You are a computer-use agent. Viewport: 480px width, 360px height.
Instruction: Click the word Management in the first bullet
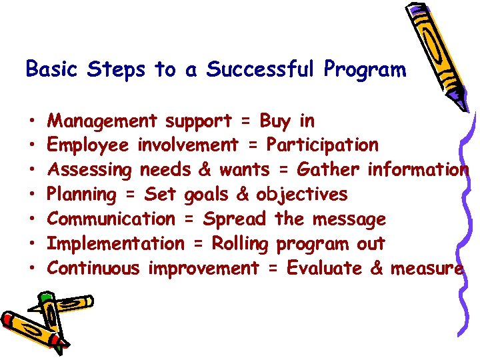coord(103,121)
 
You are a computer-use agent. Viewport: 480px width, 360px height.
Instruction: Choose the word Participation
coord(323,145)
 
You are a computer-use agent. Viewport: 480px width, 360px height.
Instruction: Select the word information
coord(418,170)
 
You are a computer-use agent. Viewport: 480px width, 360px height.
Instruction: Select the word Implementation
coord(116,244)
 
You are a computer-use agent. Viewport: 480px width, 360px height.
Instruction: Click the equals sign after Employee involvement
coord(252,145)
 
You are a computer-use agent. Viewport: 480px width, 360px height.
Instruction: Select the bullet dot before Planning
coord(32,195)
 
